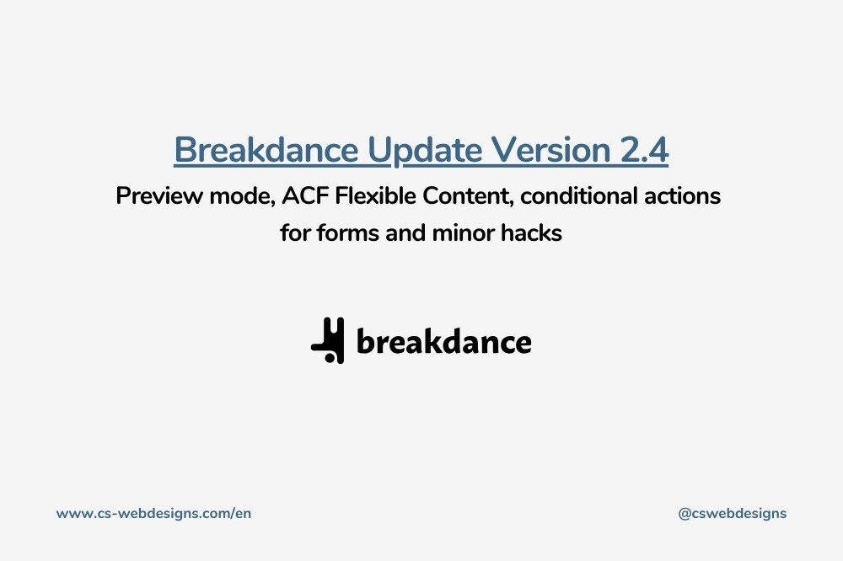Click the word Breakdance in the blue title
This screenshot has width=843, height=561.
point(266,150)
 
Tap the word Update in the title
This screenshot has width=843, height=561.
point(425,151)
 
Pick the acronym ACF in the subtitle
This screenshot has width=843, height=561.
point(303,195)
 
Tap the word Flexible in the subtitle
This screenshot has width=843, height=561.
point(375,195)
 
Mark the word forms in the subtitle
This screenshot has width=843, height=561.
point(348,232)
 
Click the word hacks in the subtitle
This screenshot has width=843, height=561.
point(531,232)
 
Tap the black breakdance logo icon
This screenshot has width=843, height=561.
point(328,340)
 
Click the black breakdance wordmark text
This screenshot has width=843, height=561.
point(444,340)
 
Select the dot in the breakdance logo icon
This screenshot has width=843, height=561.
point(330,357)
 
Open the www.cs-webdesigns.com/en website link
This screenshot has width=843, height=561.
point(153,513)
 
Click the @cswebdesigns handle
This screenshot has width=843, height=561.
point(733,514)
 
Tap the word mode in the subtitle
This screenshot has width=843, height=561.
point(242,196)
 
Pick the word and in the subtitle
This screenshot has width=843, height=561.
point(405,232)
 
